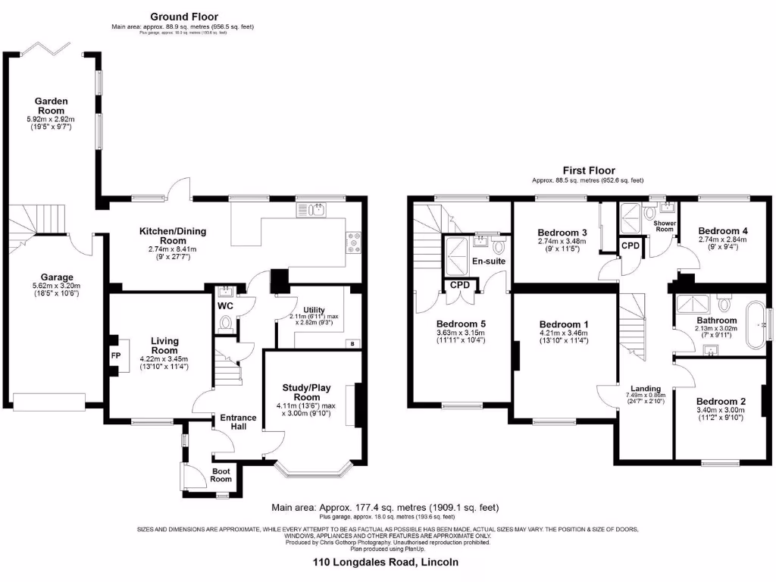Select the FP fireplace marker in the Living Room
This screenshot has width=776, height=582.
[x=116, y=355]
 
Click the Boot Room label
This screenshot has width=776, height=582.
[x=221, y=475]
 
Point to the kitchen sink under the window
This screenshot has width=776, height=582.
[x=311, y=210]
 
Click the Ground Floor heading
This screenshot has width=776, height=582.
[x=183, y=16]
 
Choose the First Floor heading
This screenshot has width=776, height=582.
[x=588, y=171]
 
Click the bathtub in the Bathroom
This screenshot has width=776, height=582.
[x=756, y=327]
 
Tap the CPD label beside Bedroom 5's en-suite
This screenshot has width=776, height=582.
[x=459, y=285]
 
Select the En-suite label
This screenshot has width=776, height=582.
[x=489, y=261]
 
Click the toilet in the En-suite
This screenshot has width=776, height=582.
[x=499, y=246]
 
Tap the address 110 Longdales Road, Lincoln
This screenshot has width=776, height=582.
[x=386, y=562]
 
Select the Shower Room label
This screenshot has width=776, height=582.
[x=664, y=226]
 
